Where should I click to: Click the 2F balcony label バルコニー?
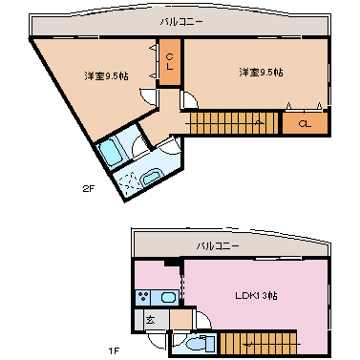[181, 22]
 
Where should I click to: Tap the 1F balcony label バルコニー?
[218, 246]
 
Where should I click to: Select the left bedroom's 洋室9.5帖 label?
[107, 76]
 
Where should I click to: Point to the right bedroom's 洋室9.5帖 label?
[261, 73]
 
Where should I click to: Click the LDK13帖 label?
[256, 295]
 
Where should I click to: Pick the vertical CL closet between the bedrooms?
[170, 62]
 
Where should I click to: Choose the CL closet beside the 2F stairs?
[305, 124]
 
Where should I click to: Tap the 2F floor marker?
[89, 189]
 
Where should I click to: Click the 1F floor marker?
[114, 351]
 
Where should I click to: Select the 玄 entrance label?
[150, 320]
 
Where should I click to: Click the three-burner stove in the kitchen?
[143, 298]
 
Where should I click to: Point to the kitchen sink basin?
[169, 298]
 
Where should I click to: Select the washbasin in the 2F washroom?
[153, 178]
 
